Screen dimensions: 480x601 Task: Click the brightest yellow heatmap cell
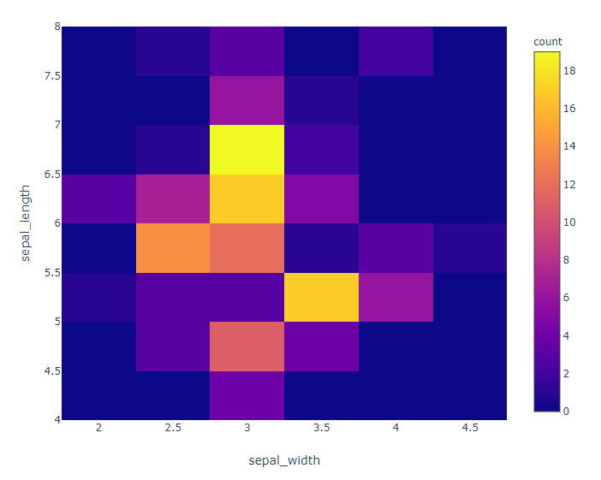[247, 150]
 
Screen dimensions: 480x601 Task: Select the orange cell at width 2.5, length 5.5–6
[173, 248]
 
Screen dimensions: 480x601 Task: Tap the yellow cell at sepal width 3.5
[321, 297]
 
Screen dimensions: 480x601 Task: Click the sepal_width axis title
[284, 460]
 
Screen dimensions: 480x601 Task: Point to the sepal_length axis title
[25, 222]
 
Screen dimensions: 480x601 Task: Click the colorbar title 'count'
[548, 41]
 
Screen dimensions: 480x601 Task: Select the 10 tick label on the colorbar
[569, 222]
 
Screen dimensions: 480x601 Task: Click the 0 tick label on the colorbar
[566, 412]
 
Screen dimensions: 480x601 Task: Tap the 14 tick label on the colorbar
[569, 146]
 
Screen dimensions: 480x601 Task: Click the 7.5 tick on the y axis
[52, 76]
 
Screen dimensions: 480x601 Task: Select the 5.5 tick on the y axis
[52, 273]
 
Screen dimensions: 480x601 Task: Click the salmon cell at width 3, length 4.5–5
[247, 347]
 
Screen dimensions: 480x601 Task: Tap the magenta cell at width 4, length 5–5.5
[395, 297]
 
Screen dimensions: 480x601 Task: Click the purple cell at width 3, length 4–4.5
[247, 395]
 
